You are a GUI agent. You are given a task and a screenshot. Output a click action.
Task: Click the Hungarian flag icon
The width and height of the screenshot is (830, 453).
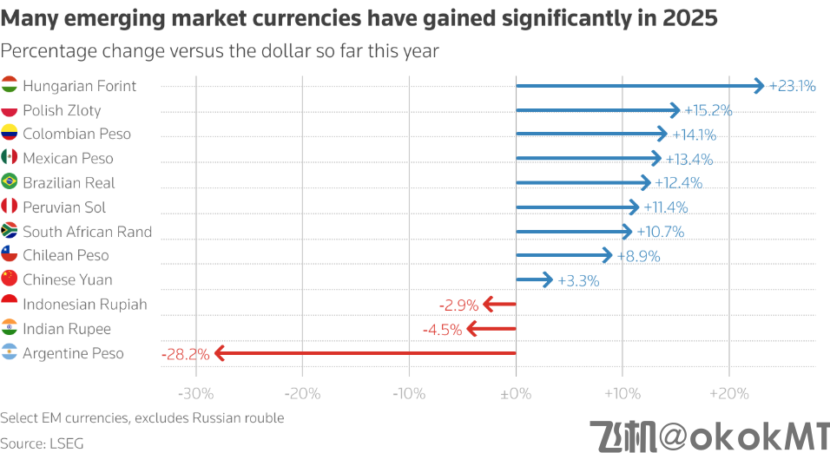tap(10, 85)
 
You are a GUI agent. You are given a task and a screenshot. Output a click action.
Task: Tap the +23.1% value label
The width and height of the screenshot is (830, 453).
tap(793, 86)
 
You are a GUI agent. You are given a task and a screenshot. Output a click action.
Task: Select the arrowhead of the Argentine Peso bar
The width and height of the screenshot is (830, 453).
tap(221, 353)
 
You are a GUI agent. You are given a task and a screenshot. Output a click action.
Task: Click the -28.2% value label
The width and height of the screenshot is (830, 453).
tap(185, 354)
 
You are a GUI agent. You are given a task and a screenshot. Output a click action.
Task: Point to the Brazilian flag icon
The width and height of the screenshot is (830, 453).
tap(10, 182)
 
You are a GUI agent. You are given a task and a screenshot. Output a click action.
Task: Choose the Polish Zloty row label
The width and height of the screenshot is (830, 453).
tap(62, 110)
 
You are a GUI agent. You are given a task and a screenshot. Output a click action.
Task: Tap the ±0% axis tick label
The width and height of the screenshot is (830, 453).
tap(516, 393)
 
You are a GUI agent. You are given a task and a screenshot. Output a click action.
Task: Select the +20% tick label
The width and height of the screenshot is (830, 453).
tap(728, 393)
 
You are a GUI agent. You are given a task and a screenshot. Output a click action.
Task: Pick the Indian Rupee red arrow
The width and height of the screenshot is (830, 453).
tap(491, 329)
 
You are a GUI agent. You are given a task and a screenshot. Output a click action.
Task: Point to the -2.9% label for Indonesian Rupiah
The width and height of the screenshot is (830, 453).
tap(459, 305)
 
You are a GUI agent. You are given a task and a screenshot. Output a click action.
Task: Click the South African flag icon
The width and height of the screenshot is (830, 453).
tap(10, 231)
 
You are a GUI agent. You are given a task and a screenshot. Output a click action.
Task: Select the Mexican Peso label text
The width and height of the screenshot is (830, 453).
tap(68, 159)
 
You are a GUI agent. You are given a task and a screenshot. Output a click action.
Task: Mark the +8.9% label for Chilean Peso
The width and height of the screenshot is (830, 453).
tap(639, 256)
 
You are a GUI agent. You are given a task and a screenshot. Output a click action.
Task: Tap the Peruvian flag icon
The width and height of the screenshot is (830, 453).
tap(10, 207)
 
